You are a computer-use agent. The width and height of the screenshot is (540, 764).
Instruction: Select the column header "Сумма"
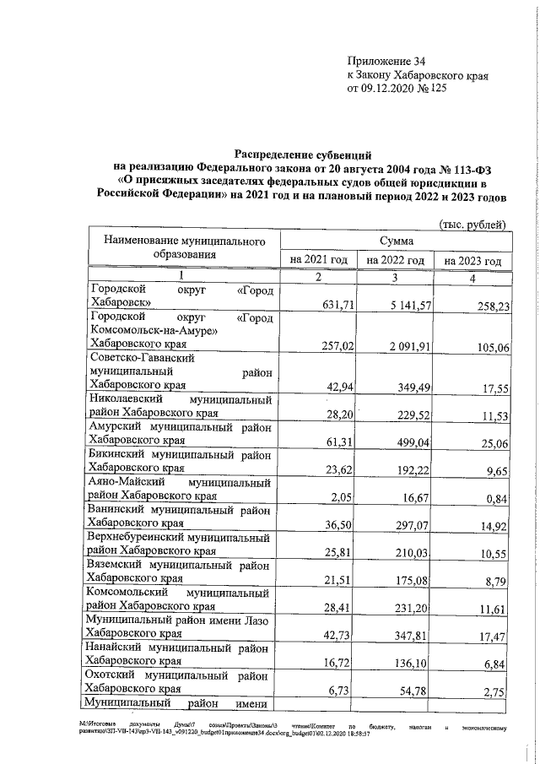pos(396,241)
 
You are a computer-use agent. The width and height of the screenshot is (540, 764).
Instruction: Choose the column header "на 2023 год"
pos(472,261)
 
